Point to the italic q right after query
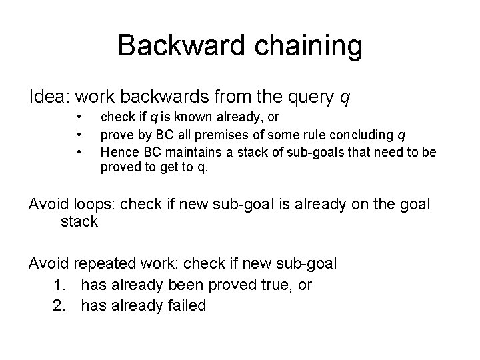(x=343, y=99)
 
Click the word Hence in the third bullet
(x=116, y=152)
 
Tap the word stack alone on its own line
(x=79, y=222)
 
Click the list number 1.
(x=59, y=285)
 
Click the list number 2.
(x=59, y=306)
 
